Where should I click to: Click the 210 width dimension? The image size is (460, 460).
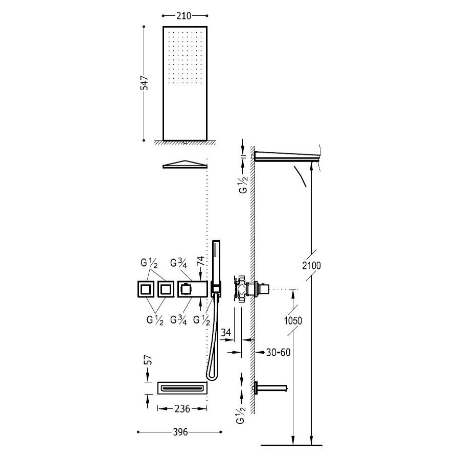click(183, 15)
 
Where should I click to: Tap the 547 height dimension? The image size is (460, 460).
click(144, 83)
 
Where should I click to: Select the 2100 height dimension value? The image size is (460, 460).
click(312, 265)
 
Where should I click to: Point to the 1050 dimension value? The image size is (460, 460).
click(293, 320)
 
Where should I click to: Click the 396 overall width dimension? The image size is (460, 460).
click(180, 432)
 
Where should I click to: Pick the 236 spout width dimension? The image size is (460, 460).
click(182, 409)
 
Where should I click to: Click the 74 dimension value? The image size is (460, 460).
click(200, 261)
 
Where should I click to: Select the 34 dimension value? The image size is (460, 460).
click(226, 333)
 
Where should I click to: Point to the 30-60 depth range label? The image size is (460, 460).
click(278, 352)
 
